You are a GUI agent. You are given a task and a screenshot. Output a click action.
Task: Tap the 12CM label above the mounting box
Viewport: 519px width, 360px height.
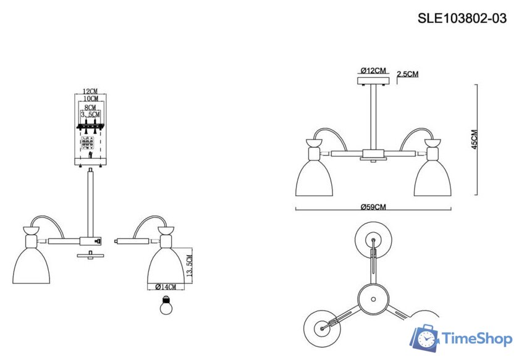point(90,92)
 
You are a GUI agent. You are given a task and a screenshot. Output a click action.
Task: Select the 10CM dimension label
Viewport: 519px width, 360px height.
point(90,99)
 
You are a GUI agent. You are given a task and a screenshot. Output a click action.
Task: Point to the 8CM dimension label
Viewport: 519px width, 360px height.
point(90,107)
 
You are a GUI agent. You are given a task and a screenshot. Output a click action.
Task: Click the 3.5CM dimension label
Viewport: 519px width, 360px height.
point(90,115)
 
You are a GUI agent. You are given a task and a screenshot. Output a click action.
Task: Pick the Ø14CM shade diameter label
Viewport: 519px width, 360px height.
point(166,287)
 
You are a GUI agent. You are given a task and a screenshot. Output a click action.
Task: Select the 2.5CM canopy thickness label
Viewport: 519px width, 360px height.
point(408,74)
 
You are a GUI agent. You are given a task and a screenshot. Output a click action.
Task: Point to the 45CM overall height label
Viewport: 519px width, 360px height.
point(474,140)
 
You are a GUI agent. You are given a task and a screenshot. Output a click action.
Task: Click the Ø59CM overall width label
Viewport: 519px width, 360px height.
point(373,206)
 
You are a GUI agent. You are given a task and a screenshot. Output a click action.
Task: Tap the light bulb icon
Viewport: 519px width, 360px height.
point(165,305)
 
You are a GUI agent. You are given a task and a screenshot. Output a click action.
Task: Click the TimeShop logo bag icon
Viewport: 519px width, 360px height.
point(425,338)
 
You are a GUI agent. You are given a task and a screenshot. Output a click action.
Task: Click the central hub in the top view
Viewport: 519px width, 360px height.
point(373,298)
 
